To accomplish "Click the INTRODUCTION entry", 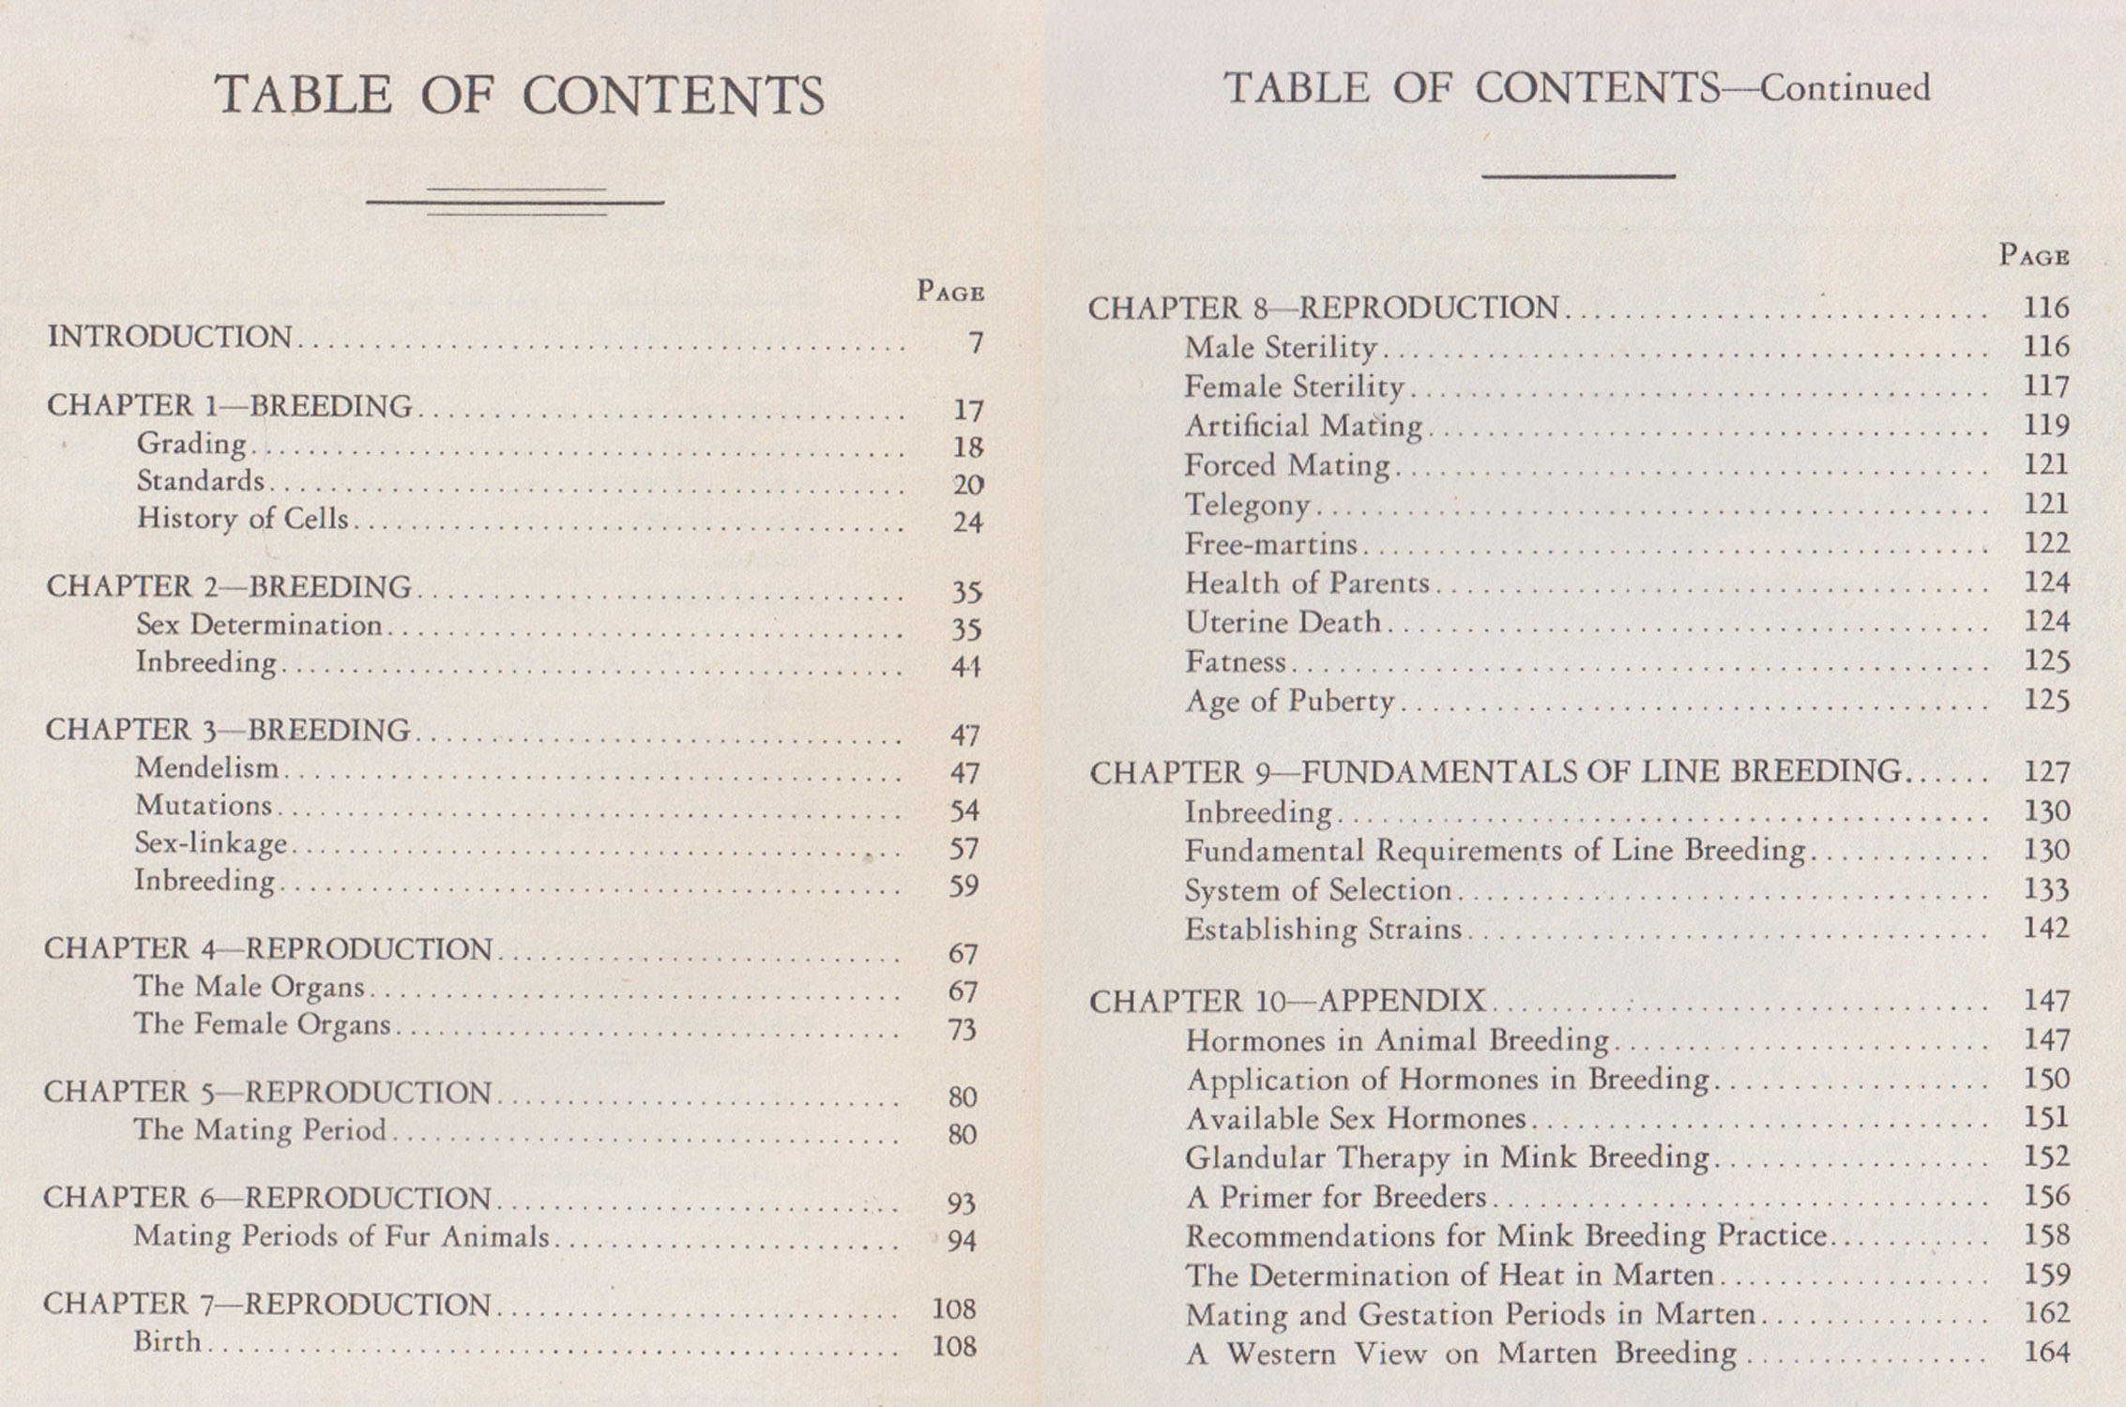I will point(170,337).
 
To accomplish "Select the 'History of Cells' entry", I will point(242,519).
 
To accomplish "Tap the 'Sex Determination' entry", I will point(259,625).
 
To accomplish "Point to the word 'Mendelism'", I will point(207,768).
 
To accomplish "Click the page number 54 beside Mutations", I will point(964,810).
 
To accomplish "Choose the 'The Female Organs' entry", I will point(262,1024).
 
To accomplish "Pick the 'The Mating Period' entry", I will point(260,1129).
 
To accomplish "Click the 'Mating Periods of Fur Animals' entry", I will point(341,1236).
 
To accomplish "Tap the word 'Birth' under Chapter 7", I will point(167,1342).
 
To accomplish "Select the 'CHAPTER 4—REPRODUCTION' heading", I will point(268,949).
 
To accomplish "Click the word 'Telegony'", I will point(1247,506).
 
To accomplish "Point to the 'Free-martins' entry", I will point(1270,544).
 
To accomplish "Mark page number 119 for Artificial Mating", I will point(2046,425).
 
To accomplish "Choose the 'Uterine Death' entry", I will point(1283,622).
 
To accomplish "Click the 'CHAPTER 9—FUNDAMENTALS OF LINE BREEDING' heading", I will point(1495,772).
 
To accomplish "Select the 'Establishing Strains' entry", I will point(1323,929).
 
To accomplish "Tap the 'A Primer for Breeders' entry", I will point(1336,1197).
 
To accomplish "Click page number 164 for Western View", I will point(2046,1352).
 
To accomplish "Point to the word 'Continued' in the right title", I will point(1845,88).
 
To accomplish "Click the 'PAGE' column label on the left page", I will point(950,292).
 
